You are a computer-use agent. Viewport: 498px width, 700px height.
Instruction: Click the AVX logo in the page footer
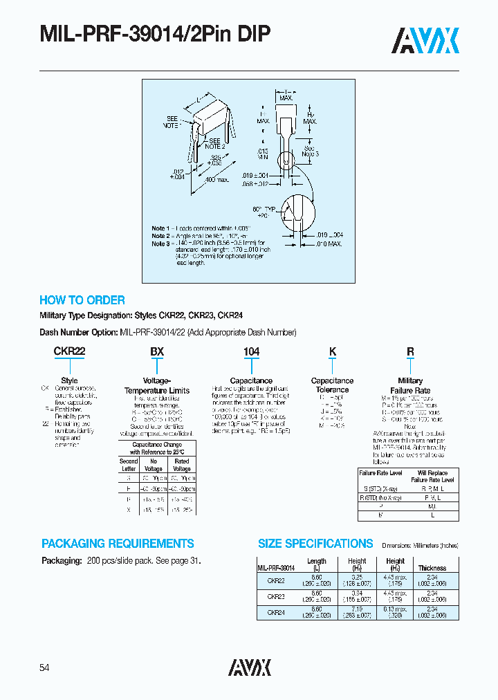[x=249, y=667]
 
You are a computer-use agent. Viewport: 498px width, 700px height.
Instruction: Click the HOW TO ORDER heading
[x=82, y=300]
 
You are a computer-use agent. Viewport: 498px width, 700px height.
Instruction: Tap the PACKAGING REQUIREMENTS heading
[x=118, y=544]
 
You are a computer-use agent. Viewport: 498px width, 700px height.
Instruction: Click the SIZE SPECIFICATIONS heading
[x=315, y=544]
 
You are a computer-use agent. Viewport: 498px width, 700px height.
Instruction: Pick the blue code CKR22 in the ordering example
[x=69, y=351]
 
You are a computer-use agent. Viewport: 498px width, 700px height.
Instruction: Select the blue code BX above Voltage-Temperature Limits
[x=157, y=351]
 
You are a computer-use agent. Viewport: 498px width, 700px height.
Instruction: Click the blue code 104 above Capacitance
[x=251, y=351]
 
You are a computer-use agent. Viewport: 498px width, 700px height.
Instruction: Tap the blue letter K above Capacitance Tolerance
[x=332, y=351]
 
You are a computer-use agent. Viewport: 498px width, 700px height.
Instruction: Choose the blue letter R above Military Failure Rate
[x=410, y=351]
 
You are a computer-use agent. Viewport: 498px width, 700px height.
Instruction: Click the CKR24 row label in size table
[x=275, y=611]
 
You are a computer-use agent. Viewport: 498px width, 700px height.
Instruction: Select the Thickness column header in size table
[x=432, y=568]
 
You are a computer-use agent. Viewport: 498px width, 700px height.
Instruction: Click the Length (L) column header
[x=316, y=564]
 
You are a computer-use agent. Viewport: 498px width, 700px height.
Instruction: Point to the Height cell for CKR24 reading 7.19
[x=357, y=609]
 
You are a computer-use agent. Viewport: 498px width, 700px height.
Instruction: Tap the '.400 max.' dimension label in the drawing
[x=217, y=181]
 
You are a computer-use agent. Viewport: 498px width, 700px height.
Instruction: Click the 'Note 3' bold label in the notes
[x=159, y=243]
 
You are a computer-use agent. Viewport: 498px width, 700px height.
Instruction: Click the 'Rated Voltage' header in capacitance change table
[x=181, y=464]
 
